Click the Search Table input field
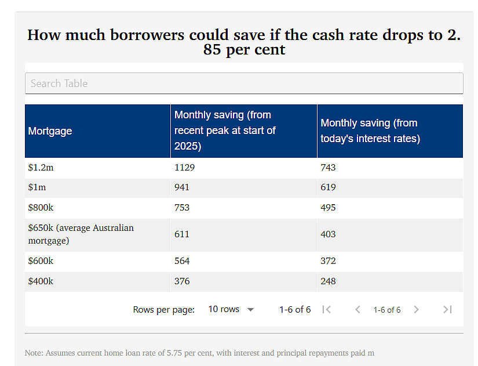tap(244, 84)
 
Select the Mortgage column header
tap(50, 131)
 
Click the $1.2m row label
tap(41, 168)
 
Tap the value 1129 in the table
tap(184, 168)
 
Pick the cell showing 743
tap(328, 168)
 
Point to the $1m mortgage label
tap(37, 187)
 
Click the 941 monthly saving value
tap(182, 187)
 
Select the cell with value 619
tap(328, 187)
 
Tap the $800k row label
tap(41, 208)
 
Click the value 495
tap(328, 208)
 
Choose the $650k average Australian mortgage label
tap(81, 234)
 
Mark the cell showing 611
tap(182, 234)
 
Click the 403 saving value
tap(328, 234)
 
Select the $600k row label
tap(41, 261)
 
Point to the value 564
tap(182, 261)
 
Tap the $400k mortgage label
tap(41, 281)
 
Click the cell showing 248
tap(328, 281)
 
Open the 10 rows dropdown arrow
tap(250, 310)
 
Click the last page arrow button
tap(447, 310)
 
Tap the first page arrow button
tap(327, 310)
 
